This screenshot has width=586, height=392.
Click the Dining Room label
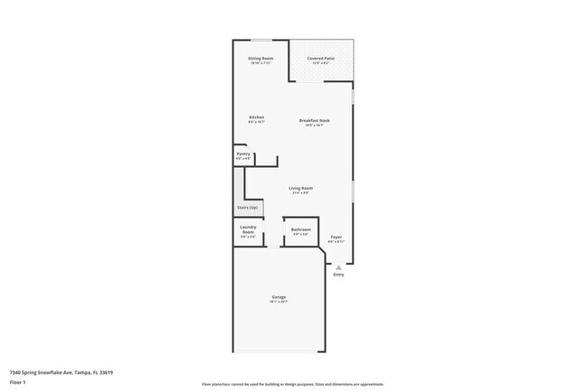coord(261,59)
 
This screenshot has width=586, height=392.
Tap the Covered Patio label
coord(321,59)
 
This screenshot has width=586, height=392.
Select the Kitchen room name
coord(257,117)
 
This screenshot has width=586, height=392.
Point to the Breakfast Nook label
coord(315,120)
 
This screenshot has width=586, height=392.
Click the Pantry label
coord(243,154)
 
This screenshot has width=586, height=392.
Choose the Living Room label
coord(300,187)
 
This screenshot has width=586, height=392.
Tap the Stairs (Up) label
coord(247,208)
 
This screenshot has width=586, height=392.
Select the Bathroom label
coord(300,229)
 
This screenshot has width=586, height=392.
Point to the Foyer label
coord(335,237)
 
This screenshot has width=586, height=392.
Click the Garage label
coord(279,297)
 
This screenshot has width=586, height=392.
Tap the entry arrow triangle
coord(339,267)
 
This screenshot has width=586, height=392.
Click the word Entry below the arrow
coord(339,275)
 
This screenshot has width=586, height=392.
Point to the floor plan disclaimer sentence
coord(293,384)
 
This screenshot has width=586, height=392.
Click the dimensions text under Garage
coord(279,303)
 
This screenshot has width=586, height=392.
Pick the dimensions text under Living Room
coord(300,192)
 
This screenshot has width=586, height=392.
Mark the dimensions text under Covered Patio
coord(321,63)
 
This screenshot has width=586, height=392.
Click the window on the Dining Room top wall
coord(261,40)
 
